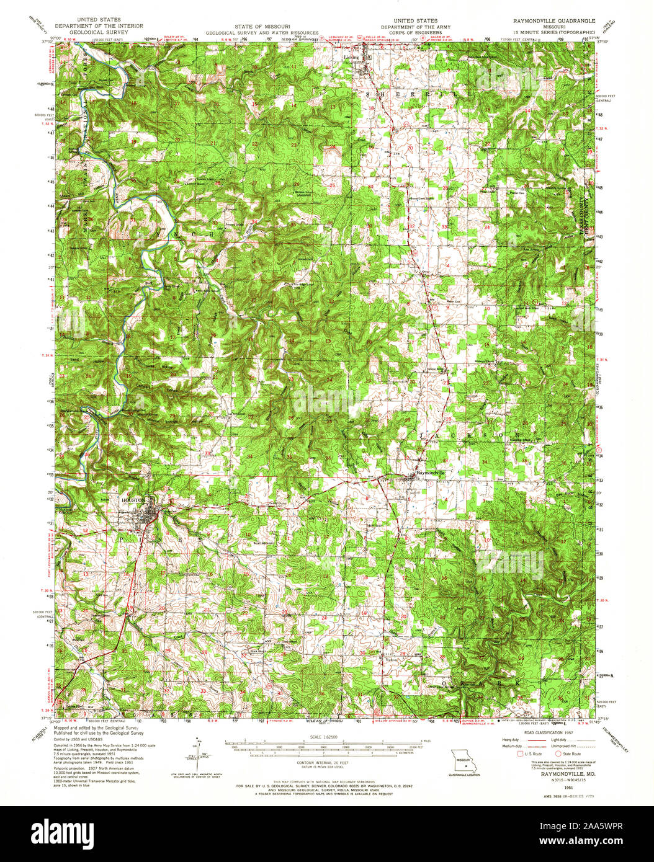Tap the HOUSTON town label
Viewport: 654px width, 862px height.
134,499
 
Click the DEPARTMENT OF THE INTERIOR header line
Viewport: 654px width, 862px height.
99,26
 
